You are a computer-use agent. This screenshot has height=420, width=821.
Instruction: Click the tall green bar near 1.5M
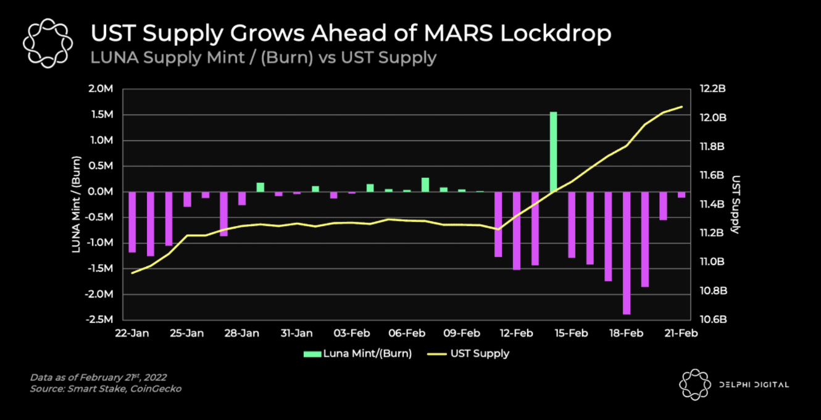point(553,152)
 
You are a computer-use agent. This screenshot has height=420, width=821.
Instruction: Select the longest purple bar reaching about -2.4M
point(627,253)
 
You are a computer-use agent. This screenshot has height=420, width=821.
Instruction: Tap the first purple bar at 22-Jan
point(132,222)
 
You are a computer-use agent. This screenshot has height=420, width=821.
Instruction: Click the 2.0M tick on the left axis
point(101,89)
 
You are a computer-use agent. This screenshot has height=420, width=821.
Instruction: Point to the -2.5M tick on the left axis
point(99,320)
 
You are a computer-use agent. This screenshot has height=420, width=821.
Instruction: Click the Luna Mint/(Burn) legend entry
point(357,353)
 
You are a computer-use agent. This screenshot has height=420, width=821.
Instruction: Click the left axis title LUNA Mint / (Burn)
point(78,204)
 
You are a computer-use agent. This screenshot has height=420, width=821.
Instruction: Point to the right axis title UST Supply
point(736,204)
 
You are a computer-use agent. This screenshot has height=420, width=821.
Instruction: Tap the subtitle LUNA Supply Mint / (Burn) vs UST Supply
point(264,57)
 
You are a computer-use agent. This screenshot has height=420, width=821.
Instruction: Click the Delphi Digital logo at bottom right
point(733,384)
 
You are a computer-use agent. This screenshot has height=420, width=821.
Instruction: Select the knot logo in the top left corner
point(48,43)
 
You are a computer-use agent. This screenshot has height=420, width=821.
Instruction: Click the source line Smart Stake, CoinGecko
point(106,388)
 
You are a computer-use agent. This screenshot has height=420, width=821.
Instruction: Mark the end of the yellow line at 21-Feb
point(681,107)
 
